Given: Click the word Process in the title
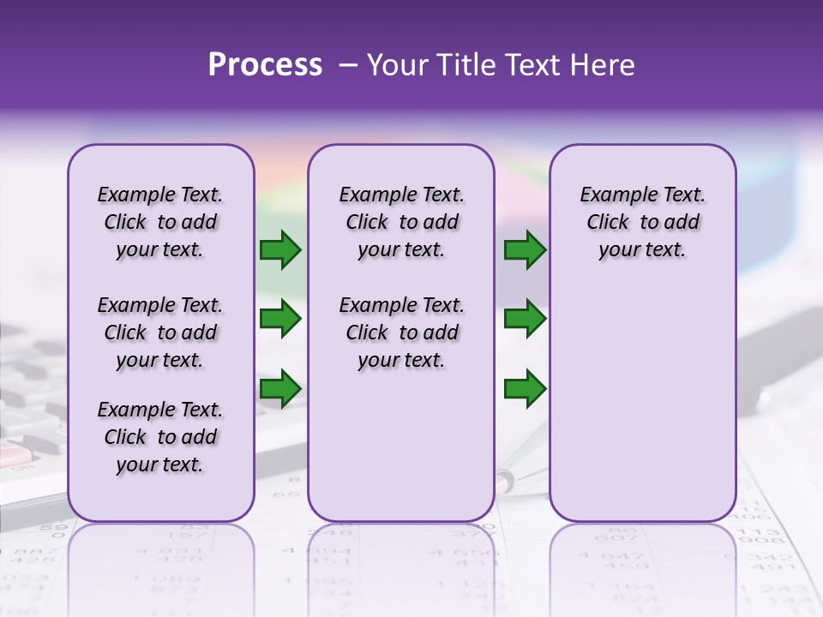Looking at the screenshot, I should tap(265, 65).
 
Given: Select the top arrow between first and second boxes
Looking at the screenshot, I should tap(280, 250).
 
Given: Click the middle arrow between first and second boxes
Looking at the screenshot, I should tap(280, 319).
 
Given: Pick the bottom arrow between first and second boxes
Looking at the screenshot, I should tap(280, 388).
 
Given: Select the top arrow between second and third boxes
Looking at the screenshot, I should tap(525, 250).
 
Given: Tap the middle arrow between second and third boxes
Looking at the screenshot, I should tap(525, 319).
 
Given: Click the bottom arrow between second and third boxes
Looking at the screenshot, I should tap(525, 388).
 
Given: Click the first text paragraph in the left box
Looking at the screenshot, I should tap(160, 222).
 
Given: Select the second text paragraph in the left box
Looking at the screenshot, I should tap(160, 332).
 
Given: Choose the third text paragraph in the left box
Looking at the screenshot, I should tap(160, 437).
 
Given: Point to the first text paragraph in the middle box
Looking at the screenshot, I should tap(401, 222).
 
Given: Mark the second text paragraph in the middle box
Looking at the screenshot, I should tap(401, 332).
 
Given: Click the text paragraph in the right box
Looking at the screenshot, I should tap(642, 222).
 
